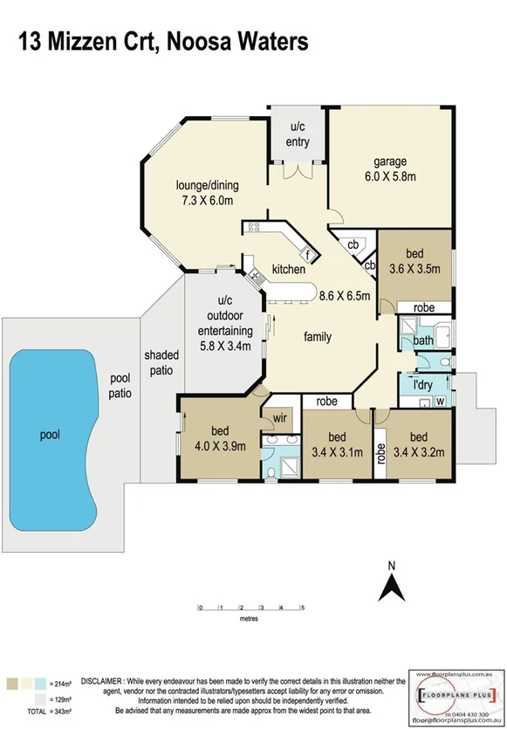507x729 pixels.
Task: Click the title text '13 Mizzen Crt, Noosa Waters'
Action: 163,41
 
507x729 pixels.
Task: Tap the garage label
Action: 389,162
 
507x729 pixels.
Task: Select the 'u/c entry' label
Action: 298,135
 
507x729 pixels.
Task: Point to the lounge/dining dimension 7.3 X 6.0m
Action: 208,200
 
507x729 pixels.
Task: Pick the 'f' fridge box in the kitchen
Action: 307,254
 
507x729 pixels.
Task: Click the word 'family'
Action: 317,336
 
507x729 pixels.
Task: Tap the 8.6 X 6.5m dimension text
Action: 344,295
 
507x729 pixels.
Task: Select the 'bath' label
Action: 424,340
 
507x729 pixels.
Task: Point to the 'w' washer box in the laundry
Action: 439,402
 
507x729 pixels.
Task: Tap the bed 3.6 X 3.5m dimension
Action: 415,267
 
